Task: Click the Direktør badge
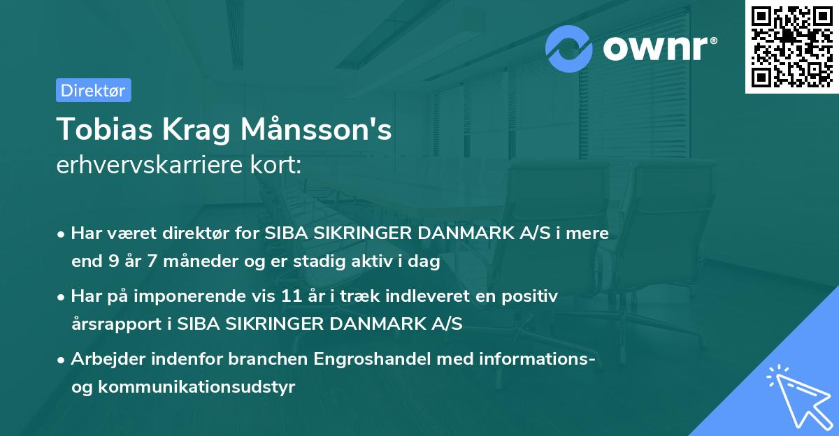[93, 90]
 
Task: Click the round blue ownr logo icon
[570, 49]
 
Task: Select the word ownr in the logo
[657, 49]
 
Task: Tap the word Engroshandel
[361, 360]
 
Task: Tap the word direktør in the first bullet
[184, 234]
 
